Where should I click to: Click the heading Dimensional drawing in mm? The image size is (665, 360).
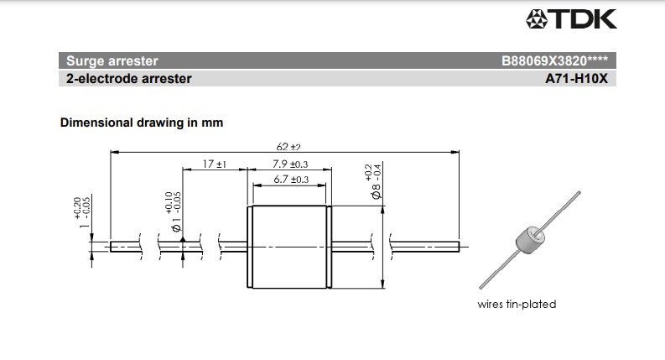141,123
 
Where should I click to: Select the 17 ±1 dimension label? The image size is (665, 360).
216,164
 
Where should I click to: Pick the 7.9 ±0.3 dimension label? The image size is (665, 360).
291,164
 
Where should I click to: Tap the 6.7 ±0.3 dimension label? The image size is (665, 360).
291,180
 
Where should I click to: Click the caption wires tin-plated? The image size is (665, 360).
516,305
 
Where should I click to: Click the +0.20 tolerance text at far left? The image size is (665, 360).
77,206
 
